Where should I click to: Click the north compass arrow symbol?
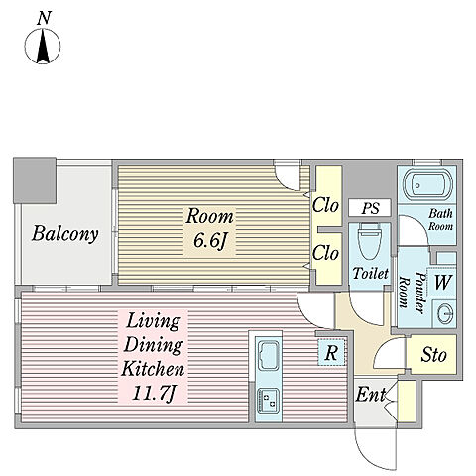43,46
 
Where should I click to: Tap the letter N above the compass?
44,18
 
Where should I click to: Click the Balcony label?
64,234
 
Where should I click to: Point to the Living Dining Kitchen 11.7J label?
153,357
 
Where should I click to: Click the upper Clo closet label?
325,206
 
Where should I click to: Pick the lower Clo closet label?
325,253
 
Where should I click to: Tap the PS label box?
370,208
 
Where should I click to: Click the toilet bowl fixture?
369,241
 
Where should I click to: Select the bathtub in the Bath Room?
428,185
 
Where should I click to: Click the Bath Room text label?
440,220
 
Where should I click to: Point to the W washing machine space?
442,282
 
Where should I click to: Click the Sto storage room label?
433,355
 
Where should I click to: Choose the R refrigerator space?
331,352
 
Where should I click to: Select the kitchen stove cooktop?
269,401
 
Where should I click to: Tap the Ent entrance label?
371,395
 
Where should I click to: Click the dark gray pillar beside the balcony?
35,180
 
